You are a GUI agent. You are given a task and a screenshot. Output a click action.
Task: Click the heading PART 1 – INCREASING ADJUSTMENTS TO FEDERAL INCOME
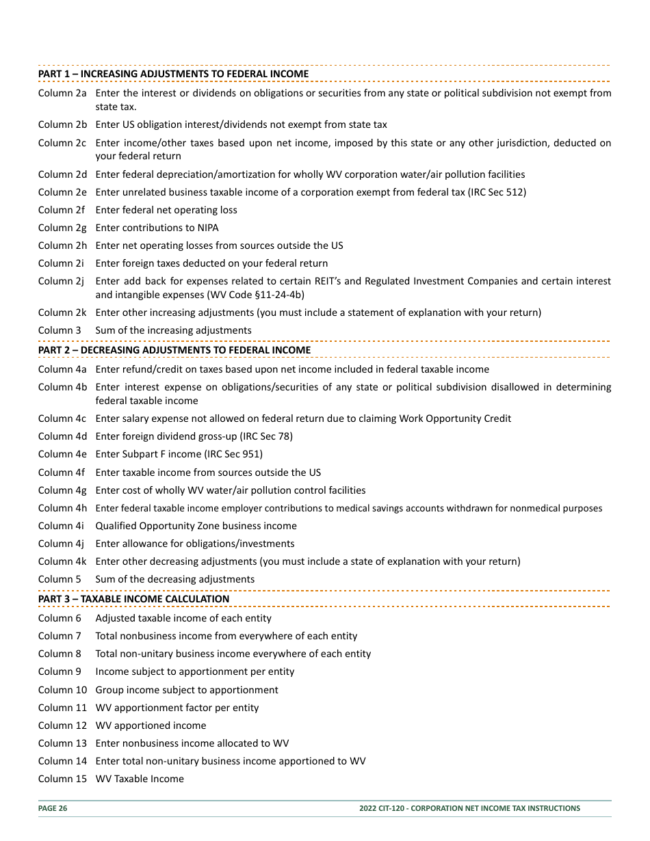point(173,74)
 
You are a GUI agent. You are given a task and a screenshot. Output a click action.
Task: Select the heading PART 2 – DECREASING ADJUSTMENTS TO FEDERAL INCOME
point(174,350)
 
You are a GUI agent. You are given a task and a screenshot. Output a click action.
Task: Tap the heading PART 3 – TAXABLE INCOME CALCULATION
point(133,599)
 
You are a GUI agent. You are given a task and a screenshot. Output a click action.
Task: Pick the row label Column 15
point(62,779)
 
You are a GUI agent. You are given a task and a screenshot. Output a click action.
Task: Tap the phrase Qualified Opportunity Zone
point(158,526)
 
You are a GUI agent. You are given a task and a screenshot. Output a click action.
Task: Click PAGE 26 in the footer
point(53,808)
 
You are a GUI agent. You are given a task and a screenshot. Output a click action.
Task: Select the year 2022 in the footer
point(369,808)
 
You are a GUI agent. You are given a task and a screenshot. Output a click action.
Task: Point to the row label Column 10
point(62,690)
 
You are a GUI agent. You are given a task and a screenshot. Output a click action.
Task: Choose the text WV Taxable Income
point(140,779)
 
